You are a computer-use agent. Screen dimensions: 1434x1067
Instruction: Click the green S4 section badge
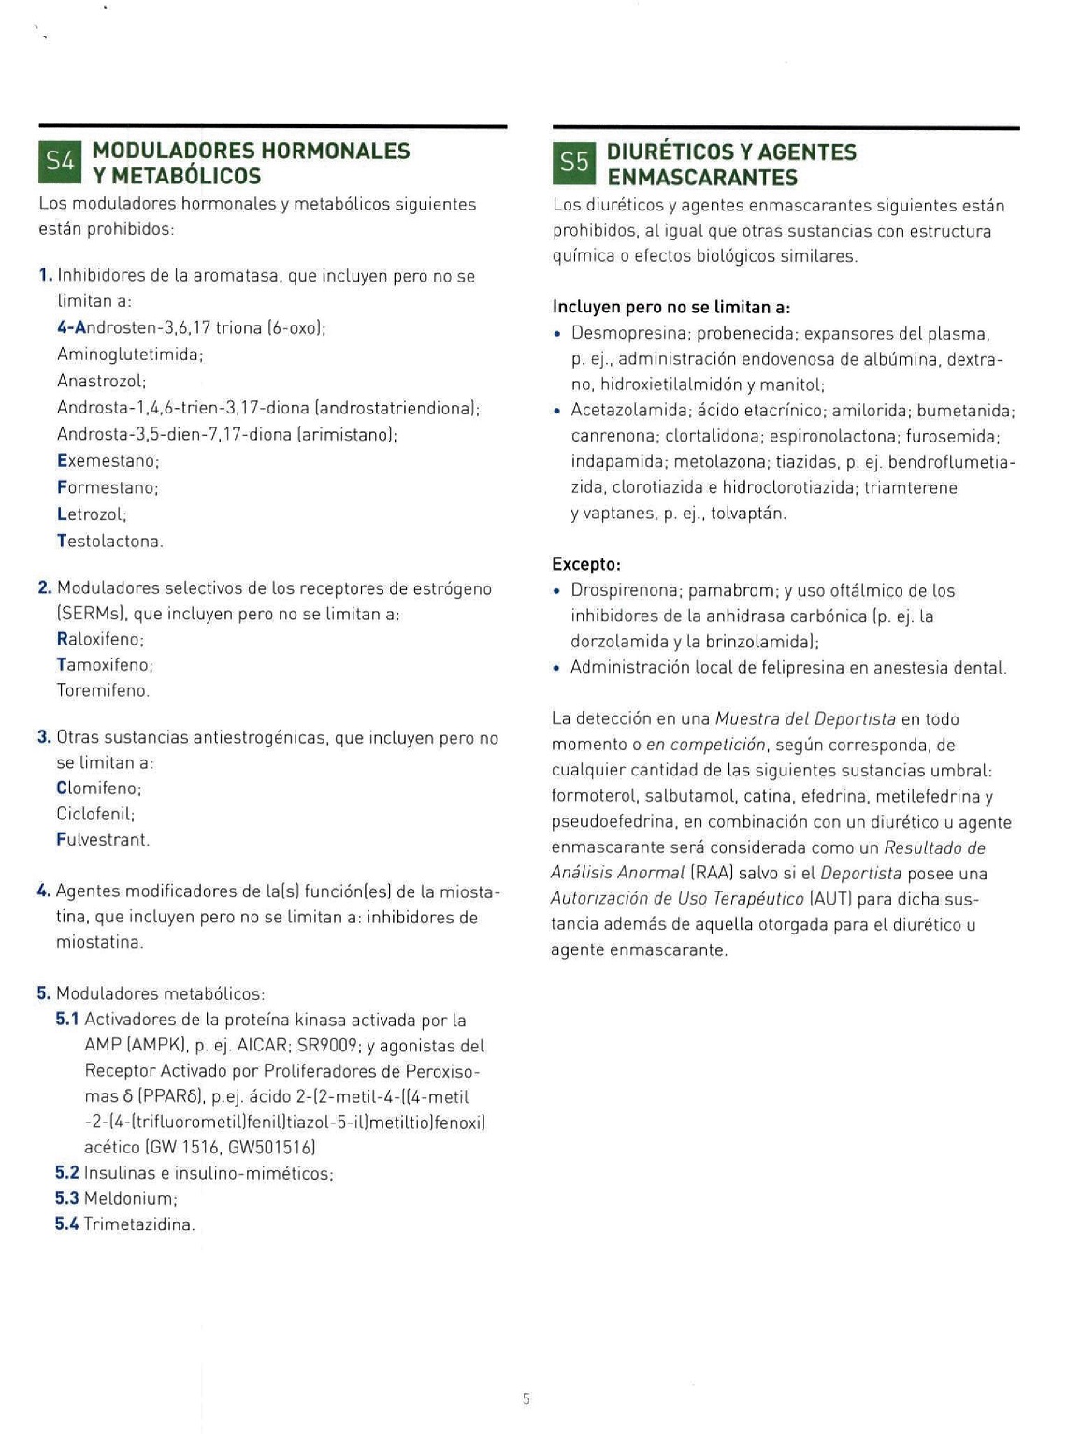click(60, 161)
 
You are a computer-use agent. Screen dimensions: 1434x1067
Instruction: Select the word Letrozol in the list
click(92, 514)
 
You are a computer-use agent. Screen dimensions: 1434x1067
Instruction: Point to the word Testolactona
click(109, 541)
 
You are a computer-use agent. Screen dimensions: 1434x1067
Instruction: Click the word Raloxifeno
click(100, 640)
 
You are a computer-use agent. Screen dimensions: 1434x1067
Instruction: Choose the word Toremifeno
click(103, 690)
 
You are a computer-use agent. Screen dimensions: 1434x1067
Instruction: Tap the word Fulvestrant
click(103, 839)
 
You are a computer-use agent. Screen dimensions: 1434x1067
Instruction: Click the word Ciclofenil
click(96, 814)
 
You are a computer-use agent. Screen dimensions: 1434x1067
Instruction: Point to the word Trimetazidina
click(139, 1224)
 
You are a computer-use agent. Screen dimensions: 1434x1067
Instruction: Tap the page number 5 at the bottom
click(526, 1399)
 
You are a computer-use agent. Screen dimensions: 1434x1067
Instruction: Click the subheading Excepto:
click(586, 564)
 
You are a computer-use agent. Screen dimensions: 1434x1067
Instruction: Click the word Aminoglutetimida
click(129, 355)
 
